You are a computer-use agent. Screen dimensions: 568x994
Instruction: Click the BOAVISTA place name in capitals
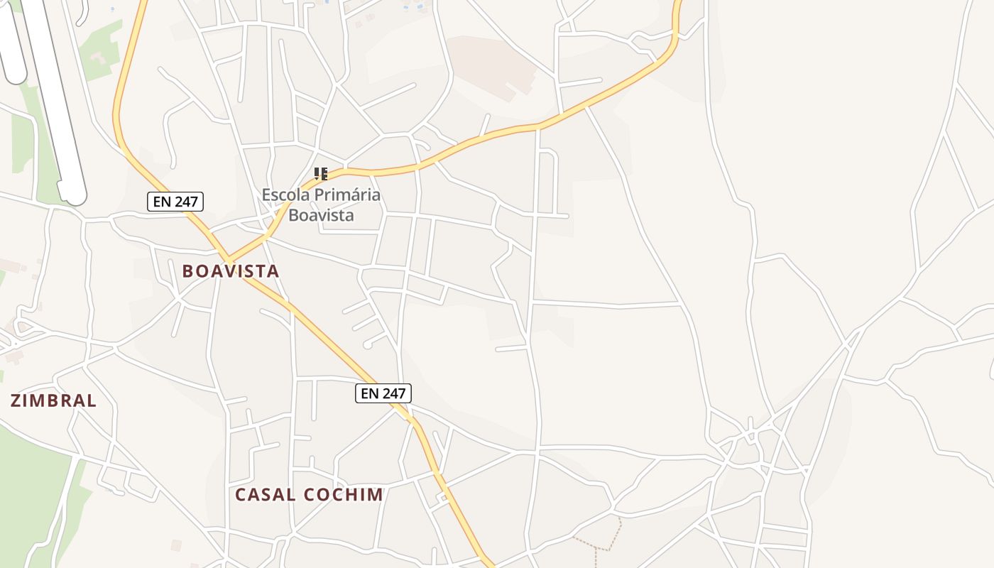pos(231,271)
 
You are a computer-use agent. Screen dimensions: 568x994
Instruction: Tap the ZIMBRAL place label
pos(53,400)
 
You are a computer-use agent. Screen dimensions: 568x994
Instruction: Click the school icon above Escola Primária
pos(321,174)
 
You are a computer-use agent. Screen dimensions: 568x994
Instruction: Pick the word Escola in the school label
pos(286,195)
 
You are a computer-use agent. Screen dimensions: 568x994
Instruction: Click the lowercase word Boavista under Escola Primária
pos(321,214)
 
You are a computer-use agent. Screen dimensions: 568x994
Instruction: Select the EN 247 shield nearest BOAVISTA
pos(176,202)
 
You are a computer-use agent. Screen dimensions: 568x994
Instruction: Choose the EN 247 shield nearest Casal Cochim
pos(383,393)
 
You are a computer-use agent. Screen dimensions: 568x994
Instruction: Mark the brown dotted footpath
pos(603,543)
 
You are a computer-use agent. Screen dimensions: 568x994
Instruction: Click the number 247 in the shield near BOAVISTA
pos(185,202)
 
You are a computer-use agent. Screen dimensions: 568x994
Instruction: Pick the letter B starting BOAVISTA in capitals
pos(188,271)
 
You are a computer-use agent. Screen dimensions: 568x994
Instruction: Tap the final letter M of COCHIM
pos(376,495)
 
